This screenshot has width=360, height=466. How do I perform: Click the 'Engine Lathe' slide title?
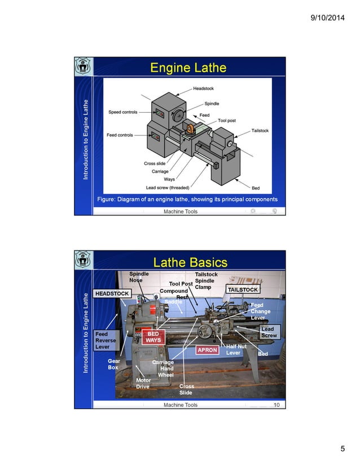pyautogui.click(x=188, y=68)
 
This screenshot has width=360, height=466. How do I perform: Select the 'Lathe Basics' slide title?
pyautogui.click(x=190, y=262)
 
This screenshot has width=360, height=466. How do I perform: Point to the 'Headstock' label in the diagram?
pyautogui.click(x=203, y=89)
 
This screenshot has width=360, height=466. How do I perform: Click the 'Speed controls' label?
pyautogui.click(x=122, y=112)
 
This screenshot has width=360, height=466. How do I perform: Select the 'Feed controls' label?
pyautogui.click(x=120, y=135)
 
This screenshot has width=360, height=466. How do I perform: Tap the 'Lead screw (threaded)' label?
pyautogui.click(x=168, y=187)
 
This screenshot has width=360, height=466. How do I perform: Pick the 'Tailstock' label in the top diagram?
pyautogui.click(x=260, y=131)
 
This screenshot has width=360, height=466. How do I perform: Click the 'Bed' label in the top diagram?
pyautogui.click(x=256, y=187)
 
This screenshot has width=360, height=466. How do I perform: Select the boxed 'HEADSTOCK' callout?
pyautogui.click(x=112, y=294)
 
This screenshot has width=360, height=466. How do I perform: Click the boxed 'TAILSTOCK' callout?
pyautogui.click(x=243, y=289)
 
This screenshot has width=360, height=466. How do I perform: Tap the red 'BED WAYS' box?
pyautogui.click(x=153, y=337)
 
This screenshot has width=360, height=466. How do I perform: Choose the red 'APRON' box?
pyautogui.click(x=207, y=350)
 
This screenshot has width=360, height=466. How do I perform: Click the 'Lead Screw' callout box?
pyautogui.click(x=268, y=332)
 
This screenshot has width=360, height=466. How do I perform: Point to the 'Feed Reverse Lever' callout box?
pyautogui.click(x=106, y=341)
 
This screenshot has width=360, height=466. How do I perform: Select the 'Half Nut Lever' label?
pyautogui.click(x=236, y=350)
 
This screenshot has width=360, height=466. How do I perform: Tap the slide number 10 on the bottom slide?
pyautogui.click(x=276, y=405)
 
